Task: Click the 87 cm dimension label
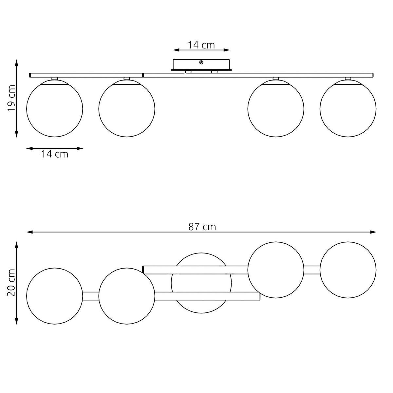pos(202,227)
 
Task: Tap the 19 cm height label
pos(12,98)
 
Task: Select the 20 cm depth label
pos(12,283)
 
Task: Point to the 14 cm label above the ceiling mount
pos(201,45)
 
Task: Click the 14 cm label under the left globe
pos(55,154)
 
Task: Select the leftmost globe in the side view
pos(54,108)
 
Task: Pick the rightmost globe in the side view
pos(348,108)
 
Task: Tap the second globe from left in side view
pos(127,108)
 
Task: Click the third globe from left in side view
pos(276,108)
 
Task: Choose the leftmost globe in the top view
pos(54,296)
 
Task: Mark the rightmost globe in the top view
pos(348,270)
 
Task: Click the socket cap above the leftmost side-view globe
pos(54,79)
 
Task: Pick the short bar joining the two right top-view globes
pos(311,270)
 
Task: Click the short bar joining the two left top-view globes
pos(91,296)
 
